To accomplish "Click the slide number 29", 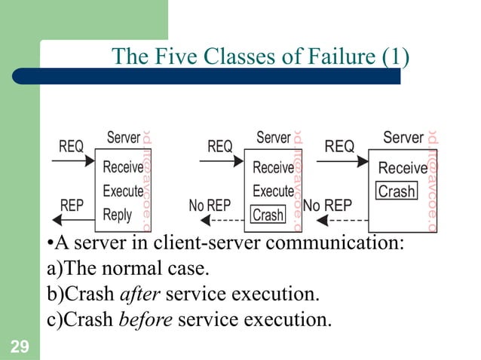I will click(20, 347).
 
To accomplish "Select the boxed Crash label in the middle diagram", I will click(268, 215).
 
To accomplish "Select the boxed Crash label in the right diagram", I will click(397, 191).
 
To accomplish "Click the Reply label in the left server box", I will click(118, 215).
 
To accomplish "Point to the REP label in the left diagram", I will click(72, 205).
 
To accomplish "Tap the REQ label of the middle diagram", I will click(220, 147).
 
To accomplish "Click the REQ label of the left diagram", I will click(72, 147).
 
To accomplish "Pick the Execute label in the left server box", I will click(123, 191).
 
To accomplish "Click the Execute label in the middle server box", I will click(273, 191).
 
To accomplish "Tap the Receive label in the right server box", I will click(403, 168).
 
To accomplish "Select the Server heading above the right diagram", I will click(403, 138).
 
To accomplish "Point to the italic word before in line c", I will click(147, 319).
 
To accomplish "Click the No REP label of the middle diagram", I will click(210, 205).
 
